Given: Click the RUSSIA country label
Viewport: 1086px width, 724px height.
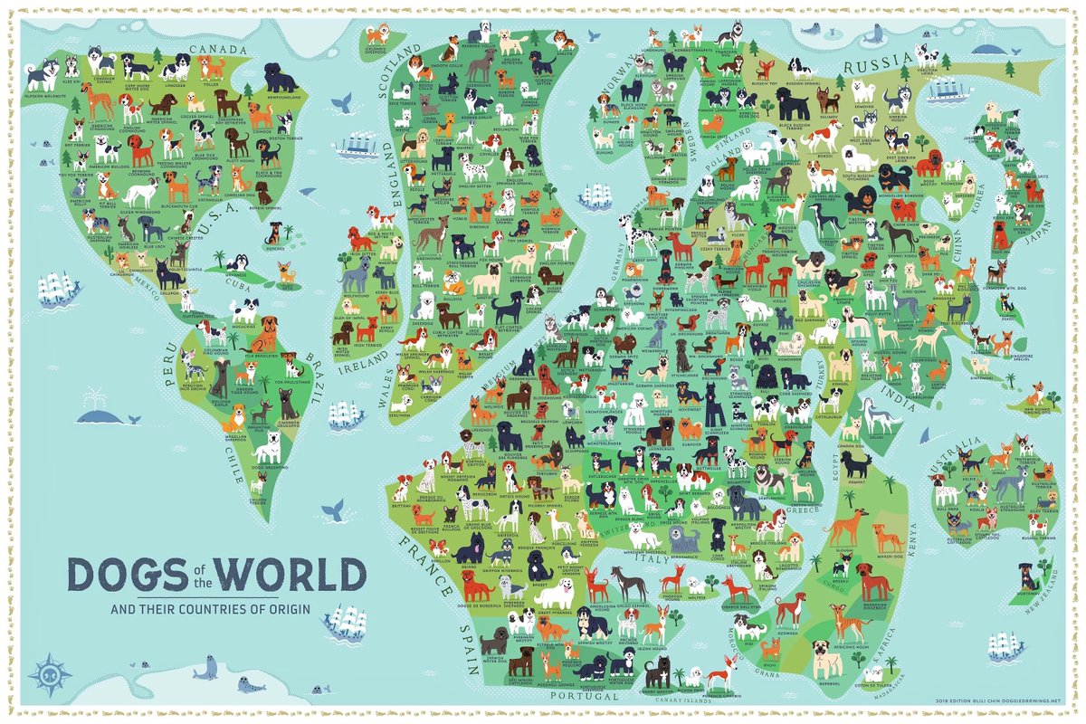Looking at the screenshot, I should [877, 64].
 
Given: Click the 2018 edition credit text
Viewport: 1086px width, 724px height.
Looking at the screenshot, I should [992, 700].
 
